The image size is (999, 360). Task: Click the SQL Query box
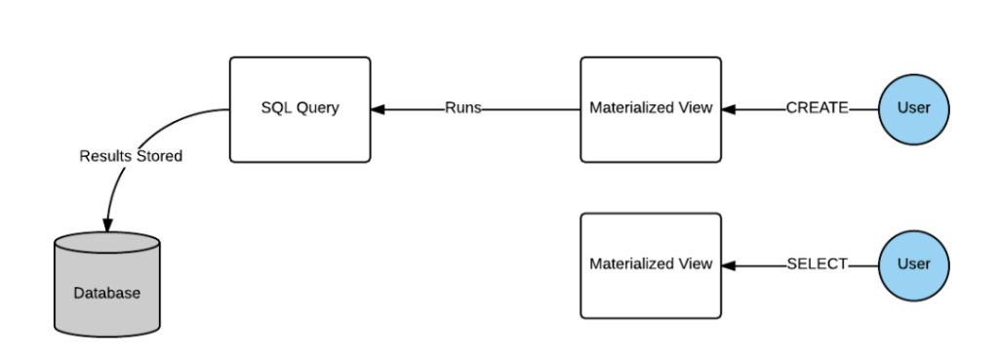tap(300, 109)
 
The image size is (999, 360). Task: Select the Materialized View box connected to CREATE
tap(651, 109)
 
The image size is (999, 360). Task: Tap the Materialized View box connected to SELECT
tap(651, 264)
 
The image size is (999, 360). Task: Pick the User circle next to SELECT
tap(914, 264)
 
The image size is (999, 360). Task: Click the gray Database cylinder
tap(104, 288)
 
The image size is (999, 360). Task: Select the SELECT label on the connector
tap(817, 264)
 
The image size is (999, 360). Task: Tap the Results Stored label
tap(131, 156)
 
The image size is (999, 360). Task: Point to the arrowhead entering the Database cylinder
tap(106, 224)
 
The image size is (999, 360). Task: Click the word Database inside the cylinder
tap(104, 294)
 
